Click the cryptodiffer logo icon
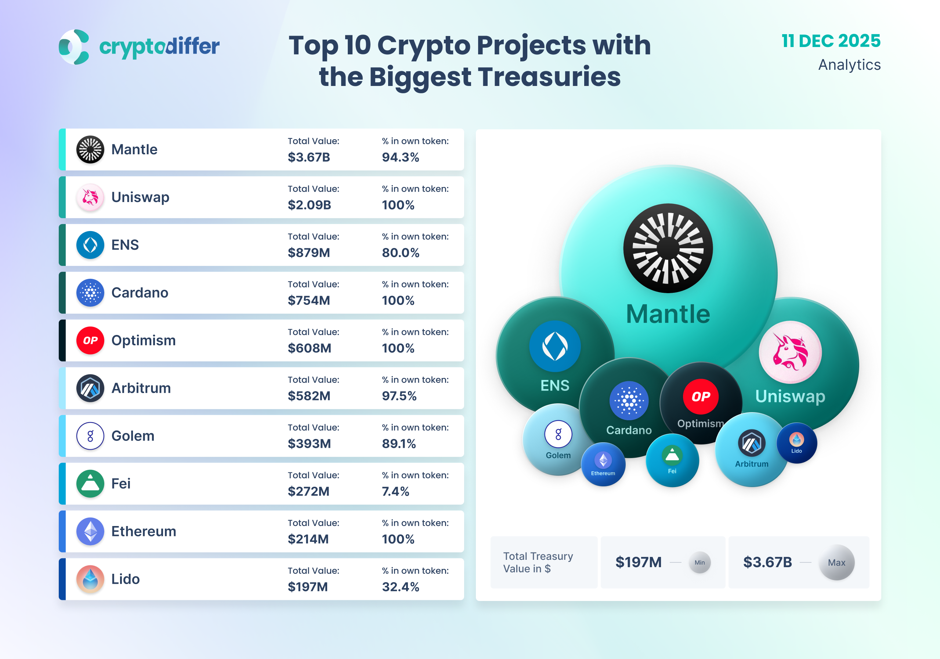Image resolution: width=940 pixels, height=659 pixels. (74, 47)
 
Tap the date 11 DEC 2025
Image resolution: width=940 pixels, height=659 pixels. (831, 41)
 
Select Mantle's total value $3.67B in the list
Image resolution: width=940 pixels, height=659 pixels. (309, 157)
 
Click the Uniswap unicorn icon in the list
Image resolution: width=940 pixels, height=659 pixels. (90, 197)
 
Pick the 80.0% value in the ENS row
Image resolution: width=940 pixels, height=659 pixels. (400, 253)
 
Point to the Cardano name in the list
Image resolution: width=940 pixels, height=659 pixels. (140, 293)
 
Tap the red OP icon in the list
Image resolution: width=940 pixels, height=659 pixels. (90, 341)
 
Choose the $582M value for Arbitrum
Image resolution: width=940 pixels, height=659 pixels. (309, 396)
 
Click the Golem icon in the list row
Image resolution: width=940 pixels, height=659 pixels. (90, 436)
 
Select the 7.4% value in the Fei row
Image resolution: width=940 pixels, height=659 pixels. (395, 491)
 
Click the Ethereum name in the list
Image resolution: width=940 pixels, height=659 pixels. (144, 531)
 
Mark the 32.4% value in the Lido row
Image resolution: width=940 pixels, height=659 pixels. (400, 587)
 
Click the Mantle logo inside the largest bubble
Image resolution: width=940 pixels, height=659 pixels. (668, 248)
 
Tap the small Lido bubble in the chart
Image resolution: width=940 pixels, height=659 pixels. (796, 443)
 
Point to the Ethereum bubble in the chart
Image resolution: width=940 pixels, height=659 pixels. (603, 464)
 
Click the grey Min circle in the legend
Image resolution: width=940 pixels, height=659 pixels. (700, 562)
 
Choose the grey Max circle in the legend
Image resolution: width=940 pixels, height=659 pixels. (836, 562)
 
